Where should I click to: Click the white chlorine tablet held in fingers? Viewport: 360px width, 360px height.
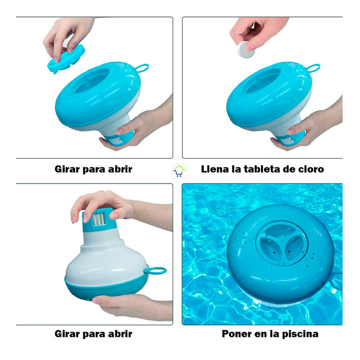(244, 50)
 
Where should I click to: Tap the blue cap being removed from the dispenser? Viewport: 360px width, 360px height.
(67, 57)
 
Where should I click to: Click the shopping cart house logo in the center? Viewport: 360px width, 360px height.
(178, 171)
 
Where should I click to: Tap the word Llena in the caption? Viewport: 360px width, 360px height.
(213, 169)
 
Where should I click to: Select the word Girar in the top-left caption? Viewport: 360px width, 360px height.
(67, 169)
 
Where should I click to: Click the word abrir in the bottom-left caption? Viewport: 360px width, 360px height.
(119, 334)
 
